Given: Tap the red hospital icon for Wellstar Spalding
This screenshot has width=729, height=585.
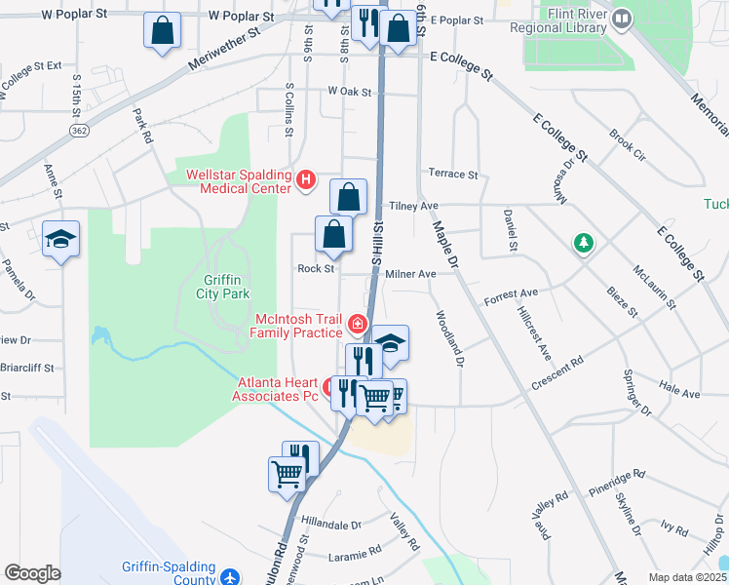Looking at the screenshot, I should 306,179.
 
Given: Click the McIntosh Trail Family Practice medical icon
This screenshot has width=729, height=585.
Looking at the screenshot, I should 358,324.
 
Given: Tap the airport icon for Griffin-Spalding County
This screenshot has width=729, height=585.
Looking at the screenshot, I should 230,577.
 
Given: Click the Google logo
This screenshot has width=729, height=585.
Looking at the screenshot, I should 32,574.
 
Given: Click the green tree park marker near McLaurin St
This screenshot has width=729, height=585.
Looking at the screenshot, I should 584,243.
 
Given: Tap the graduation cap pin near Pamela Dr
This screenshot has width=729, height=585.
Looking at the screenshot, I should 60,239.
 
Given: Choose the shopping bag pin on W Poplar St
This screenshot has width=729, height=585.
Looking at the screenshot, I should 162,30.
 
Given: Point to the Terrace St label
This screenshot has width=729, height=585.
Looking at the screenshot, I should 453,175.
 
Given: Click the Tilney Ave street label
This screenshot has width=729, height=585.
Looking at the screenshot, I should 413,207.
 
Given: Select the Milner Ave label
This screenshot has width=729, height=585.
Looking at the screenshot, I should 410,275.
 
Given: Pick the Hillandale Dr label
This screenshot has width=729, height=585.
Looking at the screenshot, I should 331,525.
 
